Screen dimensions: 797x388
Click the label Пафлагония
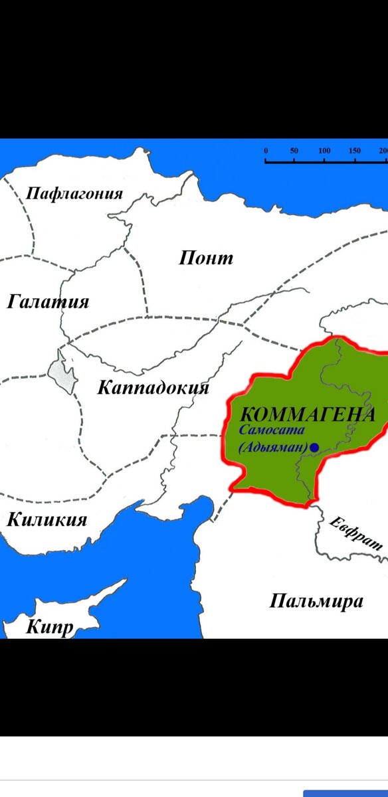(x=74, y=194)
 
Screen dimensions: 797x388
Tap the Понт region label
(x=206, y=258)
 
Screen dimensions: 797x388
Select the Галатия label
(x=48, y=302)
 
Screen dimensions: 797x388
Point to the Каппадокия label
(x=153, y=388)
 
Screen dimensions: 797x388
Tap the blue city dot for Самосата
(x=314, y=448)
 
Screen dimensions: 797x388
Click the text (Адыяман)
(x=273, y=448)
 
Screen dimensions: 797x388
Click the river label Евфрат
(x=356, y=532)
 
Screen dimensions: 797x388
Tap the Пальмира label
(x=316, y=602)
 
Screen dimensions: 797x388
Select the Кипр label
(x=49, y=627)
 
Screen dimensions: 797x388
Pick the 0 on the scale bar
(x=266, y=151)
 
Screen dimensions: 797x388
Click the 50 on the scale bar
(x=294, y=151)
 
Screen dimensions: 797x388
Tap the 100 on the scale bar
(x=324, y=151)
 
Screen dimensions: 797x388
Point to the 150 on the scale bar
(x=354, y=151)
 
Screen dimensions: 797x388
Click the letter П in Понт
(x=187, y=258)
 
